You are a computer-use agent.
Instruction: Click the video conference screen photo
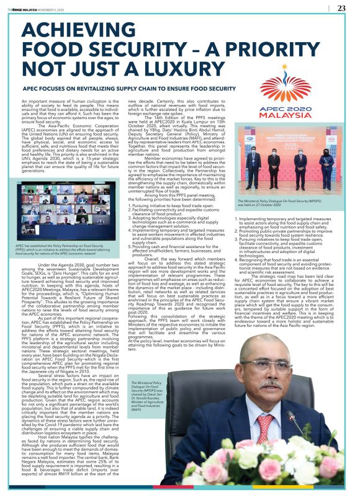(69, 208)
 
